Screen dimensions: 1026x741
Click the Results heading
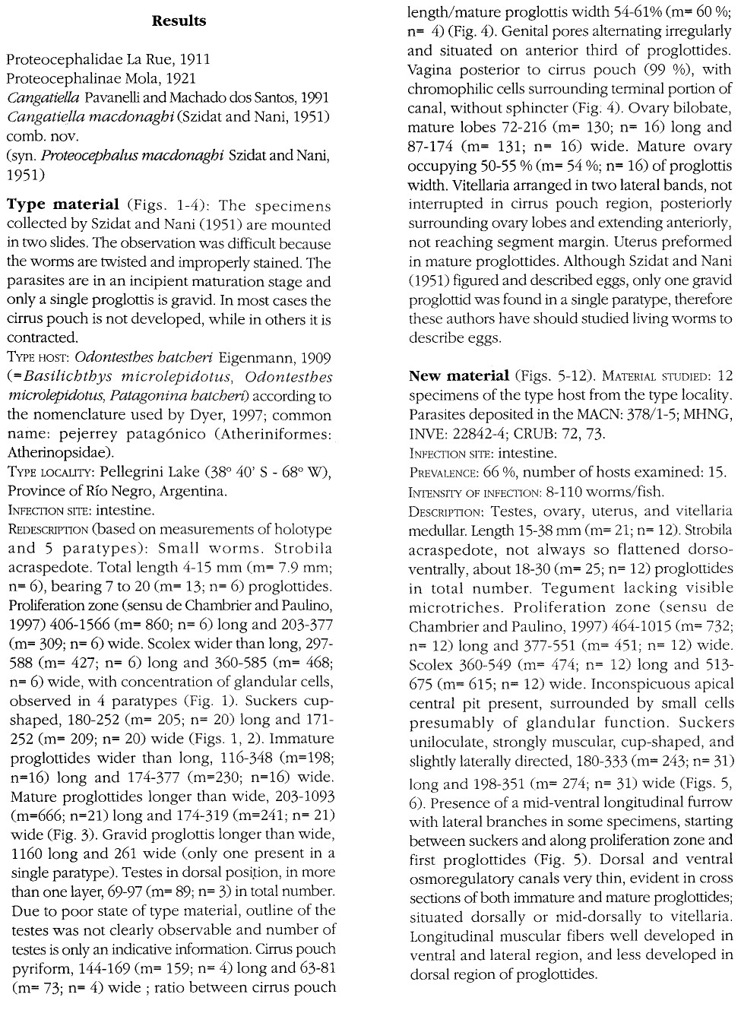[x=179, y=21]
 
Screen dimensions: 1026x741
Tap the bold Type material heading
[x=63, y=205]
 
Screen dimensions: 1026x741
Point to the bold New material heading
[x=458, y=375]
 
